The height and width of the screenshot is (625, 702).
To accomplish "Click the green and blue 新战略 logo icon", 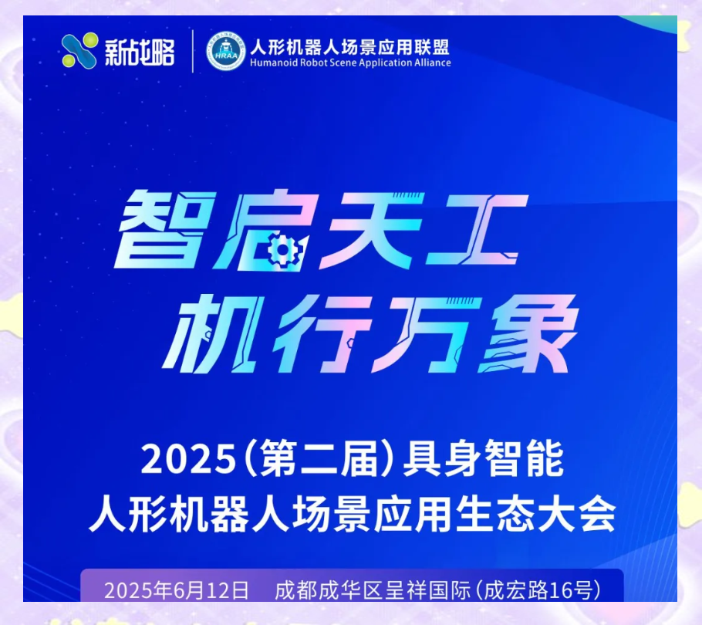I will coord(80,51).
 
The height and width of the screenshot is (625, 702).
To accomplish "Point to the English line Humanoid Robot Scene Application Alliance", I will coord(350,62).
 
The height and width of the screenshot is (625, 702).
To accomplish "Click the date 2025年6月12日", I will coord(177,591).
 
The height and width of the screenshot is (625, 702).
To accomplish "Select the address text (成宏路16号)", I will coord(537,591).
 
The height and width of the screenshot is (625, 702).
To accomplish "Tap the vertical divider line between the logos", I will coord(193,51).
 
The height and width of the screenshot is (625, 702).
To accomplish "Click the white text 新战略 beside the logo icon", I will coord(140,52).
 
